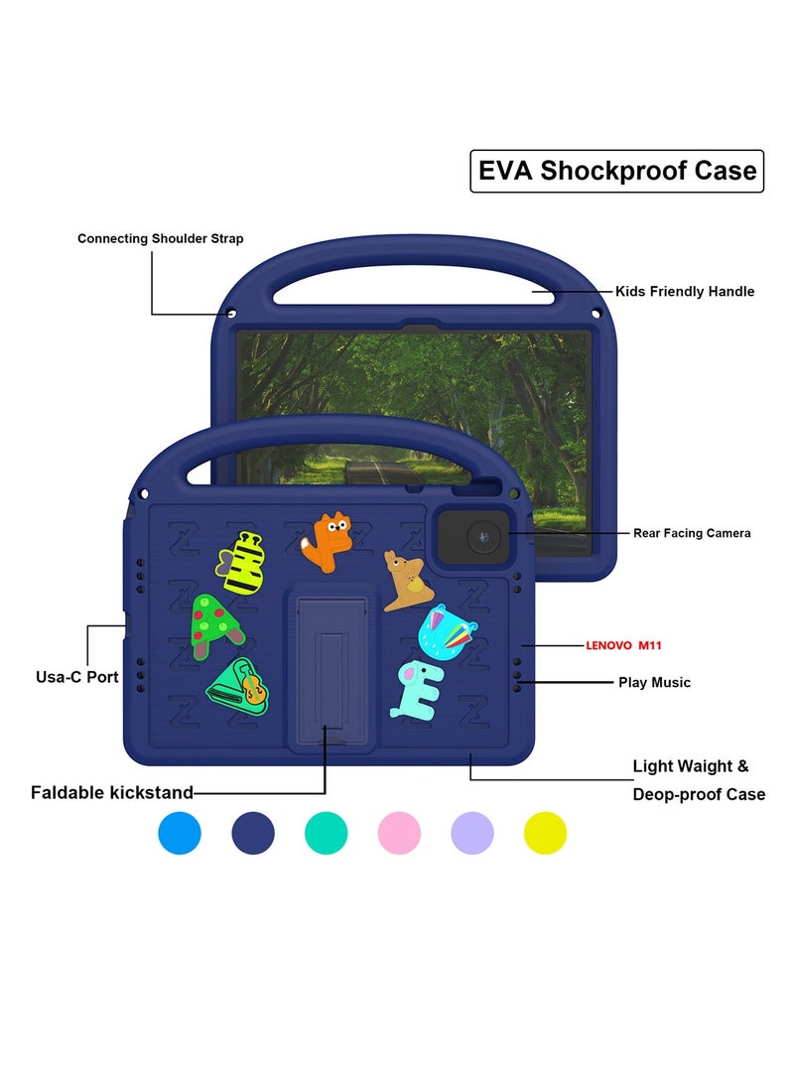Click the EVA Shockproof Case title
point(616,171)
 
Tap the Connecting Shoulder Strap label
point(160,238)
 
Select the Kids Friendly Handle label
point(685,292)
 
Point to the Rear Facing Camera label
point(692,533)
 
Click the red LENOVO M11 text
point(623,645)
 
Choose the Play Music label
point(654,683)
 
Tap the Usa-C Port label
point(77,677)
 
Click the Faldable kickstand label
point(111,792)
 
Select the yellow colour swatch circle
point(545,832)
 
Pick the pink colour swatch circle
point(399,832)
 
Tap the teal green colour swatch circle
point(326,832)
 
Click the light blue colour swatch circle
point(180,832)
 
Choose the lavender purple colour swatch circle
point(472,832)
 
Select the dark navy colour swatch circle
point(253,832)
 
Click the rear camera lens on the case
point(480,538)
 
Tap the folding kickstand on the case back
point(331,665)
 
